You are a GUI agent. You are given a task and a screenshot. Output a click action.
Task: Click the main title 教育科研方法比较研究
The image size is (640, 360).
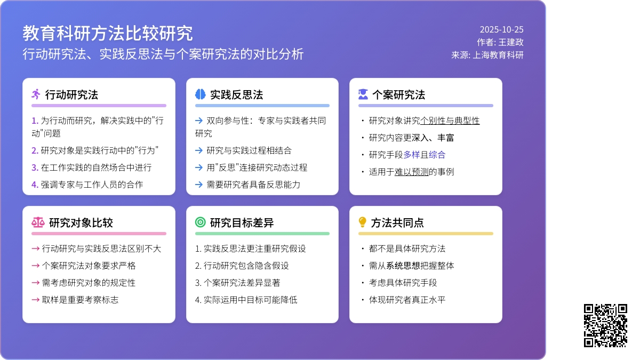tap(107, 33)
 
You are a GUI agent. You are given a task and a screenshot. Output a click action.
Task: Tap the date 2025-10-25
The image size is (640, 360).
tap(501, 30)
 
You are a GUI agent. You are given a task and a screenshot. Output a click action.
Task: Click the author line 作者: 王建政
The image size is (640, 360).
tap(500, 42)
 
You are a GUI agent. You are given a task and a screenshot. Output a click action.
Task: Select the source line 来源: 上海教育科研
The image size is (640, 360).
tap(487, 54)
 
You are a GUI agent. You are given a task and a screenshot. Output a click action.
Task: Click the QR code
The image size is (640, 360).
tap(605, 325)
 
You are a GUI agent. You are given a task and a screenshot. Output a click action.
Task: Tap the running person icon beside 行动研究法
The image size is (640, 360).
tap(36, 94)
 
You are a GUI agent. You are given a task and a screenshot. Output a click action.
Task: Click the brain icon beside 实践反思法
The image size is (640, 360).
tap(200, 94)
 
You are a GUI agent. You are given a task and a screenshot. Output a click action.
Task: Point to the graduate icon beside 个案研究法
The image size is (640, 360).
tap(363, 94)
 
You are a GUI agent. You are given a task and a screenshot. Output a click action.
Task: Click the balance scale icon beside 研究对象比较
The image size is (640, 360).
tap(38, 222)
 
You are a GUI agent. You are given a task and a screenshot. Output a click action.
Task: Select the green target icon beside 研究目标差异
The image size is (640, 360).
tap(200, 222)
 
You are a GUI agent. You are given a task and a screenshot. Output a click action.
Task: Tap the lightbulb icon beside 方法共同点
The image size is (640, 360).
tap(363, 222)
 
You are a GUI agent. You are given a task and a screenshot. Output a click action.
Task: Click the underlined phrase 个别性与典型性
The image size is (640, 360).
tap(450, 121)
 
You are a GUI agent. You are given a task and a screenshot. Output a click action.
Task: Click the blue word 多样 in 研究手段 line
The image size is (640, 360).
tap(412, 155)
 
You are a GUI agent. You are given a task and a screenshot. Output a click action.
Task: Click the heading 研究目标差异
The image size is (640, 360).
tap(242, 222)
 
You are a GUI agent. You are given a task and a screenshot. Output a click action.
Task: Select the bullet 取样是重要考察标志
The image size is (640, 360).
tap(80, 300)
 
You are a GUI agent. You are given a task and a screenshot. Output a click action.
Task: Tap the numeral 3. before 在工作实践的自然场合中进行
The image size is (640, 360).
tap(35, 167)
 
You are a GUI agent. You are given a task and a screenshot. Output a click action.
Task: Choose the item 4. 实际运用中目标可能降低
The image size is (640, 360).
tap(246, 300)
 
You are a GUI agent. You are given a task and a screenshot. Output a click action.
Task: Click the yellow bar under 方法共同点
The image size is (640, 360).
tap(426, 234)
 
